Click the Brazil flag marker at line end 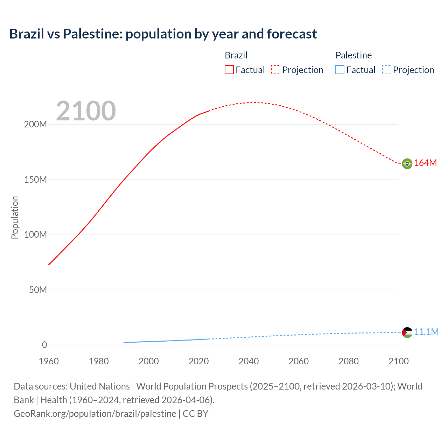click(x=407, y=163)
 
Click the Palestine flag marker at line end click(x=407, y=332)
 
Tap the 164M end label click(x=425, y=163)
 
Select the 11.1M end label click(x=426, y=332)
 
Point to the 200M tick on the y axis click(x=35, y=125)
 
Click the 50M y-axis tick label click(x=38, y=290)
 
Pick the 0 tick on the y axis click(x=44, y=345)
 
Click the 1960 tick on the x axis click(x=49, y=361)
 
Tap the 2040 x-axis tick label click(x=248, y=361)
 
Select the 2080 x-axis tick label click(x=349, y=361)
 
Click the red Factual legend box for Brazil click(x=229, y=70)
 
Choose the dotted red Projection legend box click(x=276, y=70)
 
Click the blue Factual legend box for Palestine click(x=340, y=70)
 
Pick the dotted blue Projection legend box click(x=387, y=70)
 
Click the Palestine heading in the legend click(x=353, y=55)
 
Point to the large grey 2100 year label click(x=86, y=111)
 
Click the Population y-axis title click(x=15, y=217)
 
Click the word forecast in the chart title click(x=292, y=34)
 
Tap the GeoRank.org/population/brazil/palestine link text click(x=95, y=414)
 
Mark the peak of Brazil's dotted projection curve click(x=254, y=103)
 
